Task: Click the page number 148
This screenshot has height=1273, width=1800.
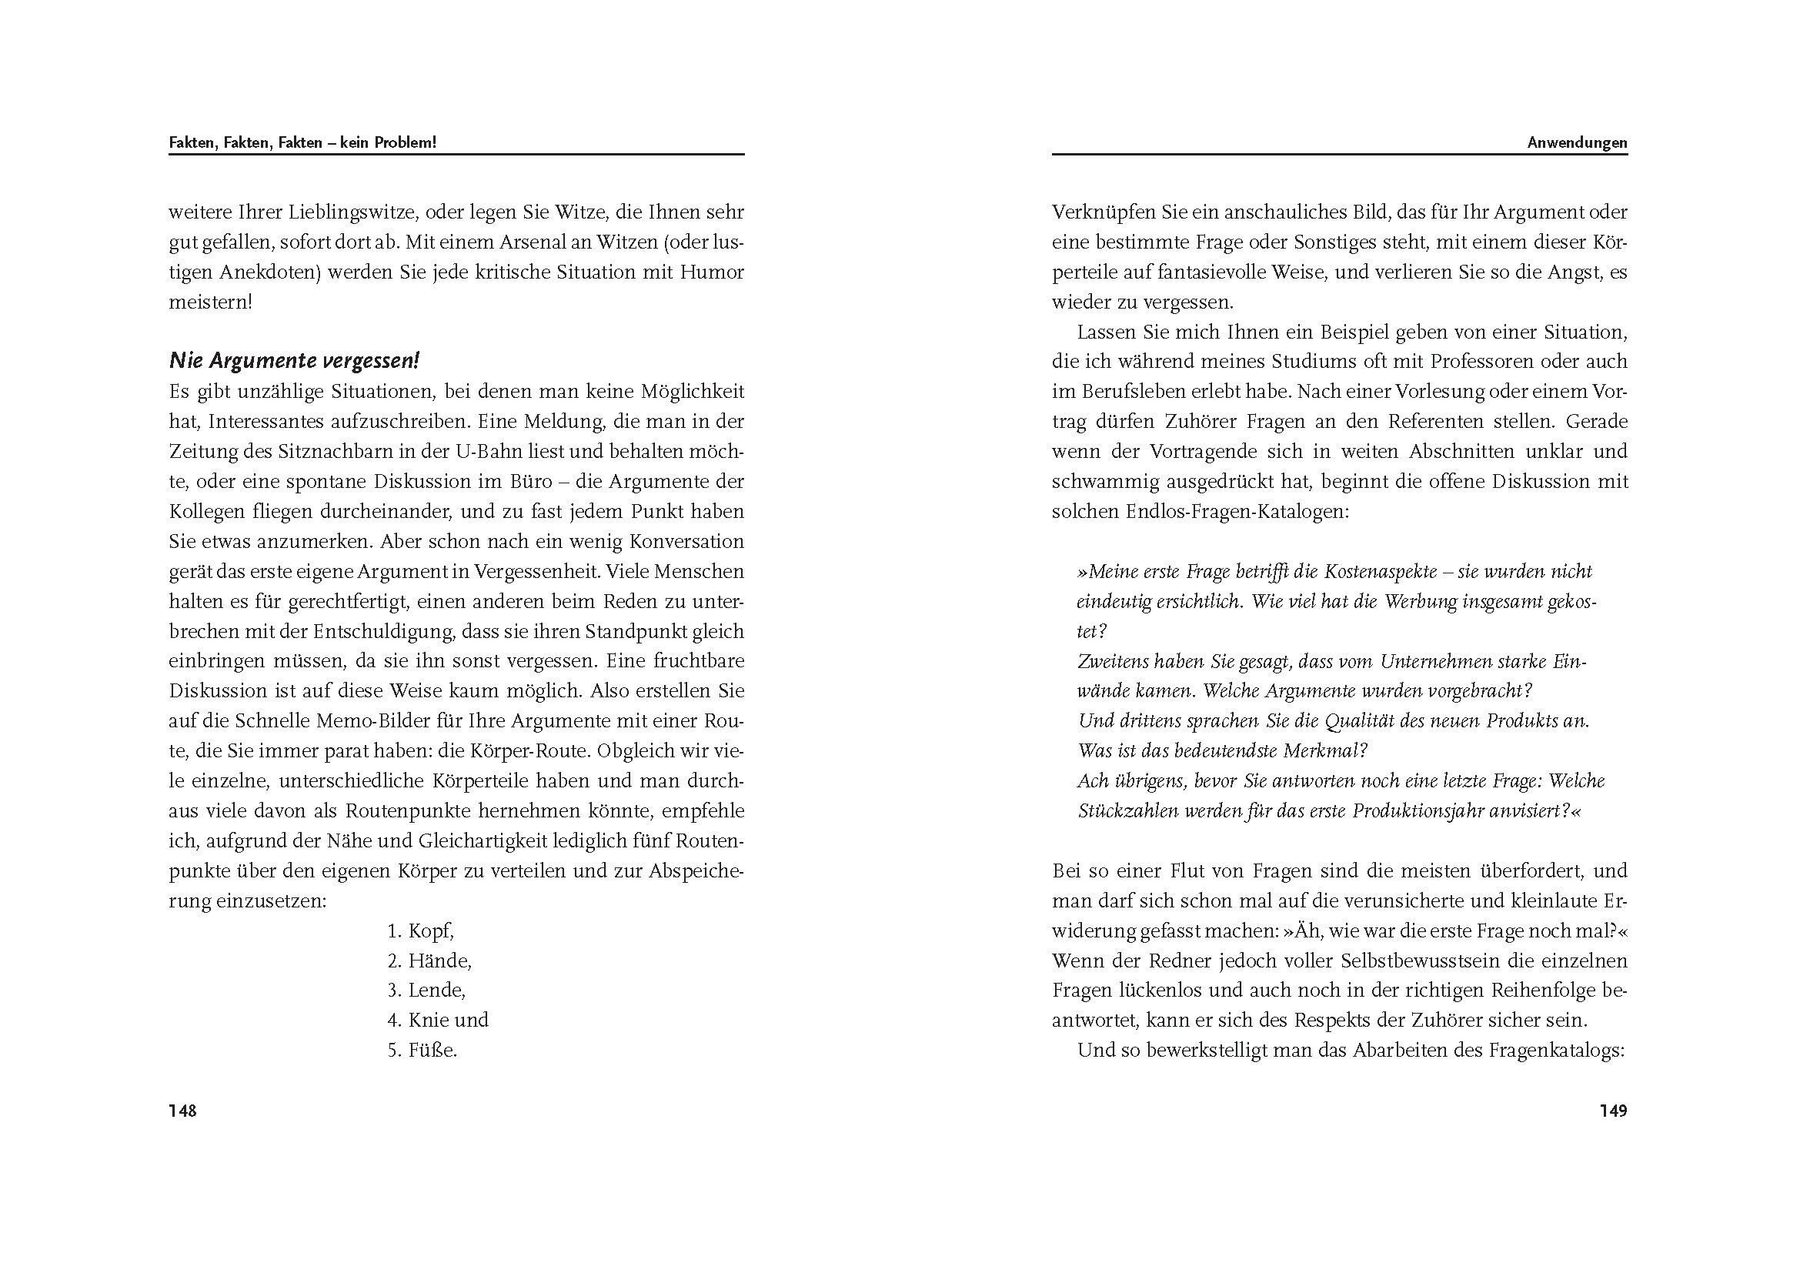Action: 182,1111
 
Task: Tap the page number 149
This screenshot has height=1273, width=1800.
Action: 1614,1111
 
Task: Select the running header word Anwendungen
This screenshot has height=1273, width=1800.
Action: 1578,142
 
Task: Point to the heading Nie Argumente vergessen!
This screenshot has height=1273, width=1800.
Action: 294,362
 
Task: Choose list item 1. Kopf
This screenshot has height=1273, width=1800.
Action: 421,931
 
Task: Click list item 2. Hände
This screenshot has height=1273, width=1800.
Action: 429,961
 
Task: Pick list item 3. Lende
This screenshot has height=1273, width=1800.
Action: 426,991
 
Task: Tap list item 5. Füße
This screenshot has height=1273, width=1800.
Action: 422,1051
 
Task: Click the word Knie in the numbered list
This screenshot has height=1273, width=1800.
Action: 428,1021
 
